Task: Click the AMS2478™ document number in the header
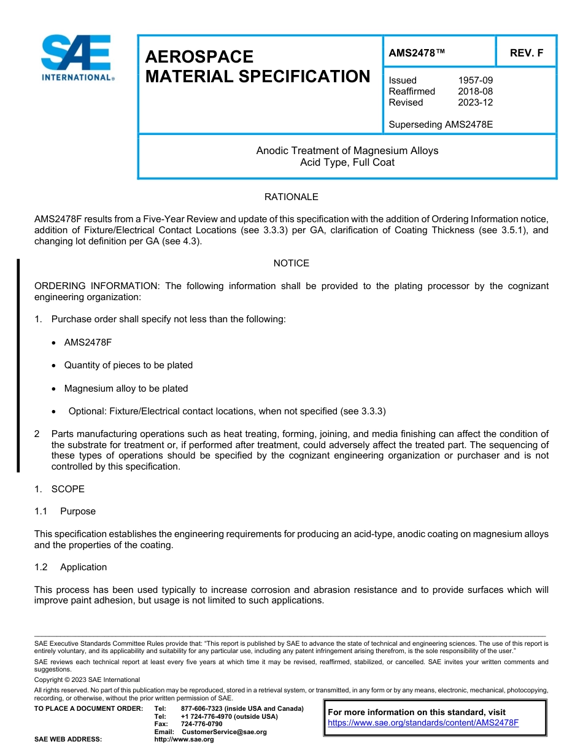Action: tap(417, 53)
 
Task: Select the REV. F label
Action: tap(527, 53)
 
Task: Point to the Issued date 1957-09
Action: tap(475, 80)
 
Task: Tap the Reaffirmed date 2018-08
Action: tap(475, 91)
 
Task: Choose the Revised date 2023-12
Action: tap(475, 103)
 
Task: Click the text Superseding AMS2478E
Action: tap(441, 125)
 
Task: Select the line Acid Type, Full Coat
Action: tap(347, 163)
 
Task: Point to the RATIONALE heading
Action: tap(291, 197)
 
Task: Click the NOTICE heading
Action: tap(291, 263)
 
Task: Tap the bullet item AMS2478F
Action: tap(88, 342)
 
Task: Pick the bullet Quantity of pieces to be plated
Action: tap(128, 365)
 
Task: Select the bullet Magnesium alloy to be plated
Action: tap(126, 389)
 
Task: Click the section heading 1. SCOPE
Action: tap(60, 489)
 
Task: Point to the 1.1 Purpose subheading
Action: tap(65, 511)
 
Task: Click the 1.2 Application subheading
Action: tap(71, 567)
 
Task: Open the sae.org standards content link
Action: tap(423, 723)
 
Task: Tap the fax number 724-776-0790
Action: tap(202, 724)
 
